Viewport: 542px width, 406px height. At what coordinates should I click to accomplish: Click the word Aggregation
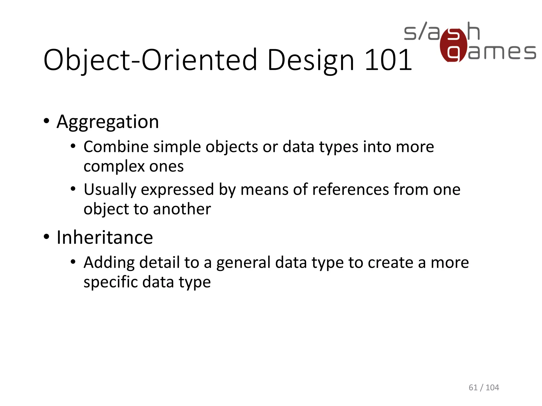coord(108,122)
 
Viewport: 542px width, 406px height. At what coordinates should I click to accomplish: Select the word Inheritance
coord(105,237)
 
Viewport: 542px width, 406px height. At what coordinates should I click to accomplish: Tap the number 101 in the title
coord(388,60)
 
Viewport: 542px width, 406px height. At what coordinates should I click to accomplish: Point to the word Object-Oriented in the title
coord(150,60)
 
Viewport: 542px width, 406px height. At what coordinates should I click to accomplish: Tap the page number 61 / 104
coord(484,387)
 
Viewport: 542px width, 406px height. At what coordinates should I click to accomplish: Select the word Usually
coord(110,190)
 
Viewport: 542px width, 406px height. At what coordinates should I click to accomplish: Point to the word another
coord(182,209)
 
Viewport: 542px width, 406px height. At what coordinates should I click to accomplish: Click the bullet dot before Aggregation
coord(47,121)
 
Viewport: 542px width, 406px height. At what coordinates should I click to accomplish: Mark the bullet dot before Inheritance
coord(47,237)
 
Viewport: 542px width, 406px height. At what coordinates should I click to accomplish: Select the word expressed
coord(177,190)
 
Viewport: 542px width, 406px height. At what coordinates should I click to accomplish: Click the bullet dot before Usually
coord(73,189)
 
